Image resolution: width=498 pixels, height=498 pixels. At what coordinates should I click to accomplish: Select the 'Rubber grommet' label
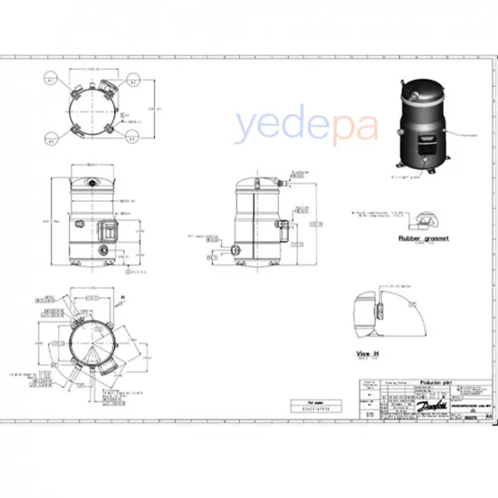pos(421,239)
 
